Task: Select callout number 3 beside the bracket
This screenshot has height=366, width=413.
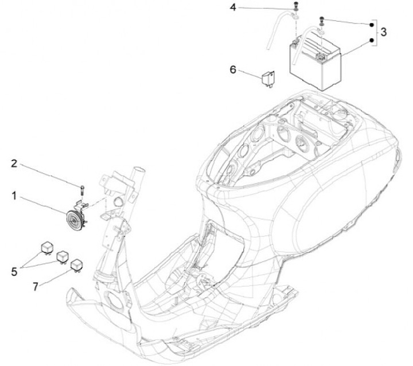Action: pos(384,32)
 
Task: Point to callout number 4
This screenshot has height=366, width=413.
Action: pos(233,7)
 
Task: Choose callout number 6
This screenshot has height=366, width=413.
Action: pos(233,69)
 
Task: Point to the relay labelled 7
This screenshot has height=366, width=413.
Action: pos(75,265)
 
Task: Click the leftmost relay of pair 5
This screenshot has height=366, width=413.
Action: pos(46,248)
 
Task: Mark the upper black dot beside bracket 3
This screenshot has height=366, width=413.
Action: pos(370,25)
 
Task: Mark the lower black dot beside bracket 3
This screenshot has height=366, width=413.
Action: pos(370,40)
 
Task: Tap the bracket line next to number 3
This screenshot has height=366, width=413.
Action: pos(376,33)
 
